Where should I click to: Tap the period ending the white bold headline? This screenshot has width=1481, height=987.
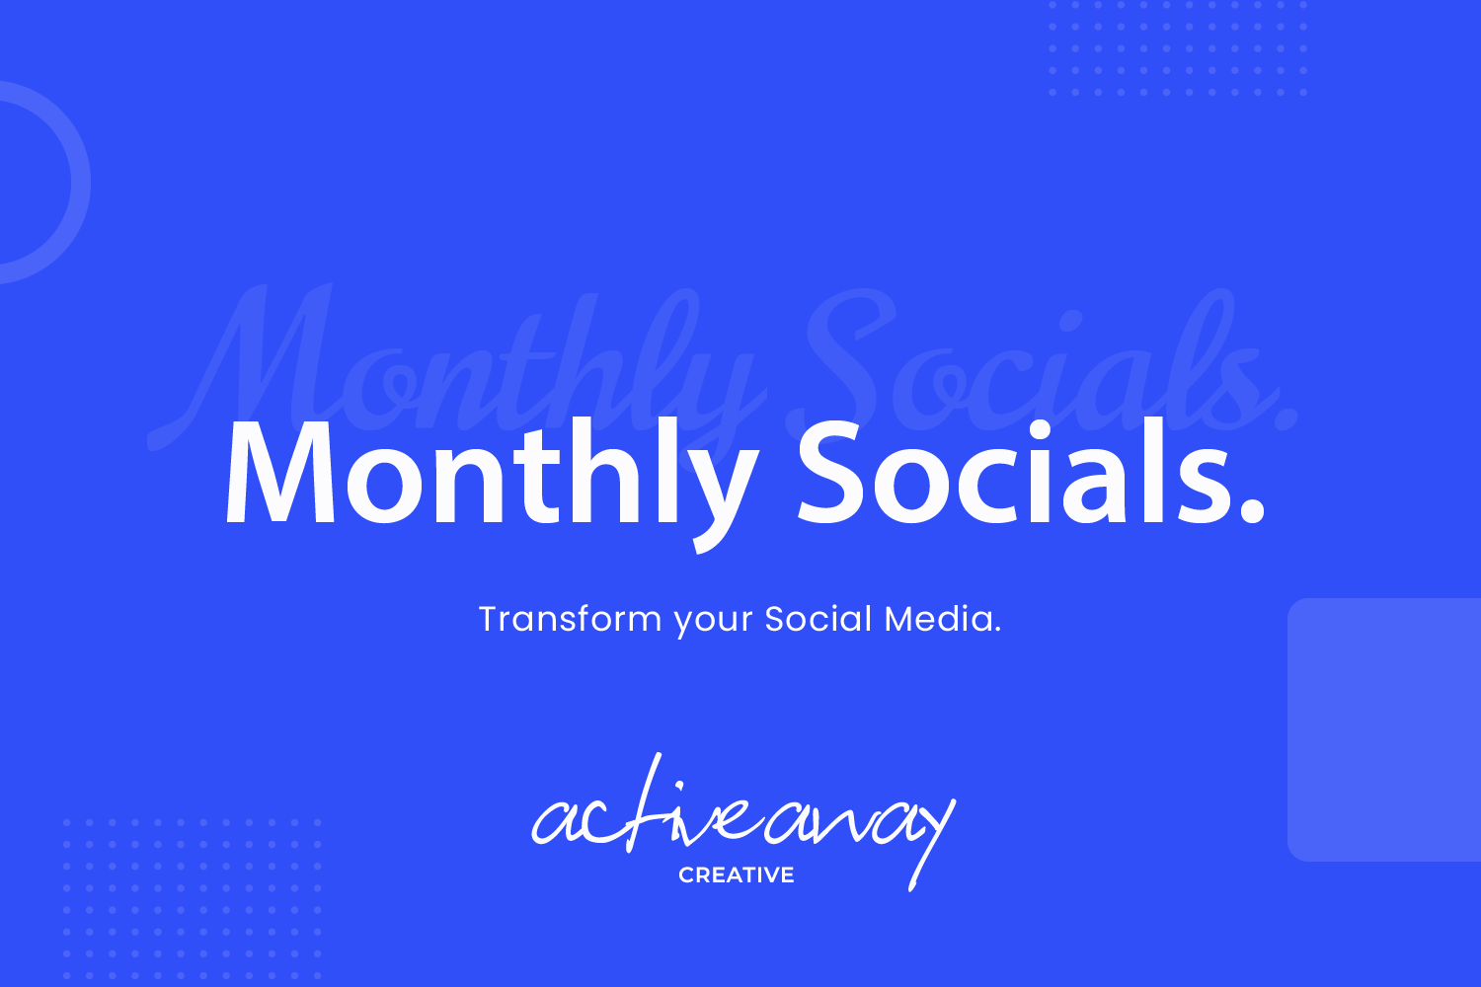point(1250,508)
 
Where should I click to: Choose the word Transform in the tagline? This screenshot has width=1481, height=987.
point(570,620)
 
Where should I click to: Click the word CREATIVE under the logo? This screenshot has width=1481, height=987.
point(737,875)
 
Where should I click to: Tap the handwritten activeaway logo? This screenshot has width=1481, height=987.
point(740,819)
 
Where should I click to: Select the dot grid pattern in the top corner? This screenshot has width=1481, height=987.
point(1177,49)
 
